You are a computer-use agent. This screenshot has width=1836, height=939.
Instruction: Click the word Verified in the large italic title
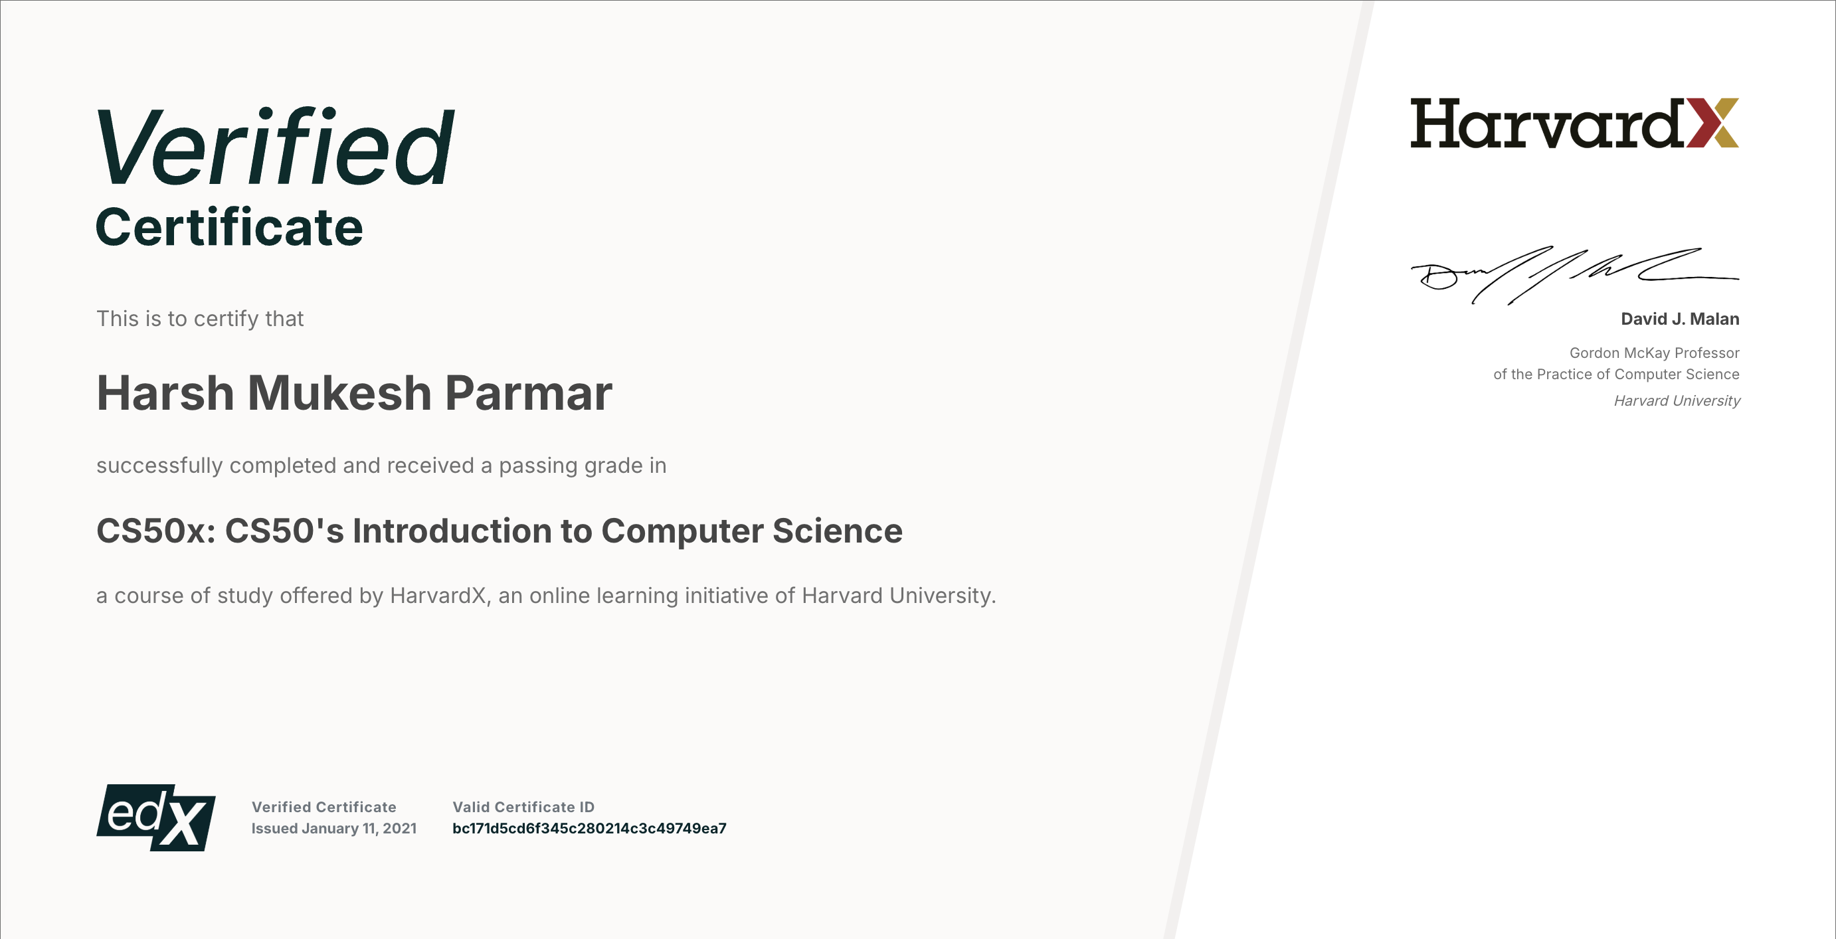click(x=275, y=146)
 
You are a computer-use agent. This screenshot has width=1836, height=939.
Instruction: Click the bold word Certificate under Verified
click(x=230, y=227)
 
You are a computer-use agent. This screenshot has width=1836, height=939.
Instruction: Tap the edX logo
click(x=155, y=817)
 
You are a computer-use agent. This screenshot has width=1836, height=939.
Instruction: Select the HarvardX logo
click(x=1574, y=123)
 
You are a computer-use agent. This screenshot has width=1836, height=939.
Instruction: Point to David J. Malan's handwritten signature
click(x=1574, y=275)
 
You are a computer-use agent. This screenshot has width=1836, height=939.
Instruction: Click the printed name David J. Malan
click(x=1680, y=319)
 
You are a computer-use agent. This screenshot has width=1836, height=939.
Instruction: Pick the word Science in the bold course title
click(x=838, y=531)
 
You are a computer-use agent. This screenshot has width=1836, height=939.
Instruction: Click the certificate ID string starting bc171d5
click(x=589, y=828)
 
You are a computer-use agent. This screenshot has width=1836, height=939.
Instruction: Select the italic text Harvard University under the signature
click(x=1677, y=400)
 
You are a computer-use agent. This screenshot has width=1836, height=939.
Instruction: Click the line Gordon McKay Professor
click(x=1654, y=353)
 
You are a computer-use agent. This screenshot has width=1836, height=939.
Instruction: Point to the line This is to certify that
click(x=201, y=319)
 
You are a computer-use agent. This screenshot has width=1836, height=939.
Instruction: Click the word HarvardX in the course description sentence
click(x=438, y=595)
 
